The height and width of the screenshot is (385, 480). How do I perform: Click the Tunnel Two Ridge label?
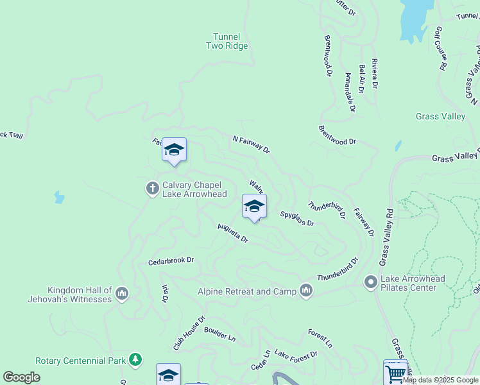click(x=227, y=41)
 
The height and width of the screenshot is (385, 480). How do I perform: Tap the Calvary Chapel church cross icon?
click(x=153, y=188)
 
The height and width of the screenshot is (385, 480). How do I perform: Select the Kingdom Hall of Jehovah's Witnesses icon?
click(x=122, y=294)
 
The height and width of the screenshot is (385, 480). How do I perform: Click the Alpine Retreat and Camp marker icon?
click(x=306, y=291)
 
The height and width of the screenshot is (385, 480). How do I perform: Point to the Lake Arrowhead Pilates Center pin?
click(x=370, y=282)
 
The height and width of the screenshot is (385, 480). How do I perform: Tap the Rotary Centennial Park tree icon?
click(x=135, y=359)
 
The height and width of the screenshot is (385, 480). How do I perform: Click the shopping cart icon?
click(x=395, y=372)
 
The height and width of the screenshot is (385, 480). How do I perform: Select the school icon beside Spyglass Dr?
click(x=254, y=206)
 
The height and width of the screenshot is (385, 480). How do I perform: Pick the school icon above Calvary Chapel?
click(x=174, y=150)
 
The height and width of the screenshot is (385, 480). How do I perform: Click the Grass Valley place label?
click(x=440, y=116)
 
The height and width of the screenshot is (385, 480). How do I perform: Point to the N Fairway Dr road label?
click(x=251, y=144)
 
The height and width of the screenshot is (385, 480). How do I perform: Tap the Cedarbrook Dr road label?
click(x=171, y=261)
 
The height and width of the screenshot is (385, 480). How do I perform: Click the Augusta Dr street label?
click(x=232, y=234)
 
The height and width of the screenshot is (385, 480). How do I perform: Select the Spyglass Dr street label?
click(x=297, y=219)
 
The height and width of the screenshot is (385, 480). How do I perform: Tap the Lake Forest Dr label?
click(x=296, y=354)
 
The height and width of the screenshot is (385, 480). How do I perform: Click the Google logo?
click(x=21, y=377)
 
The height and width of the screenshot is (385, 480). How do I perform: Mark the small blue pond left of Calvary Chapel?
click(x=59, y=197)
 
